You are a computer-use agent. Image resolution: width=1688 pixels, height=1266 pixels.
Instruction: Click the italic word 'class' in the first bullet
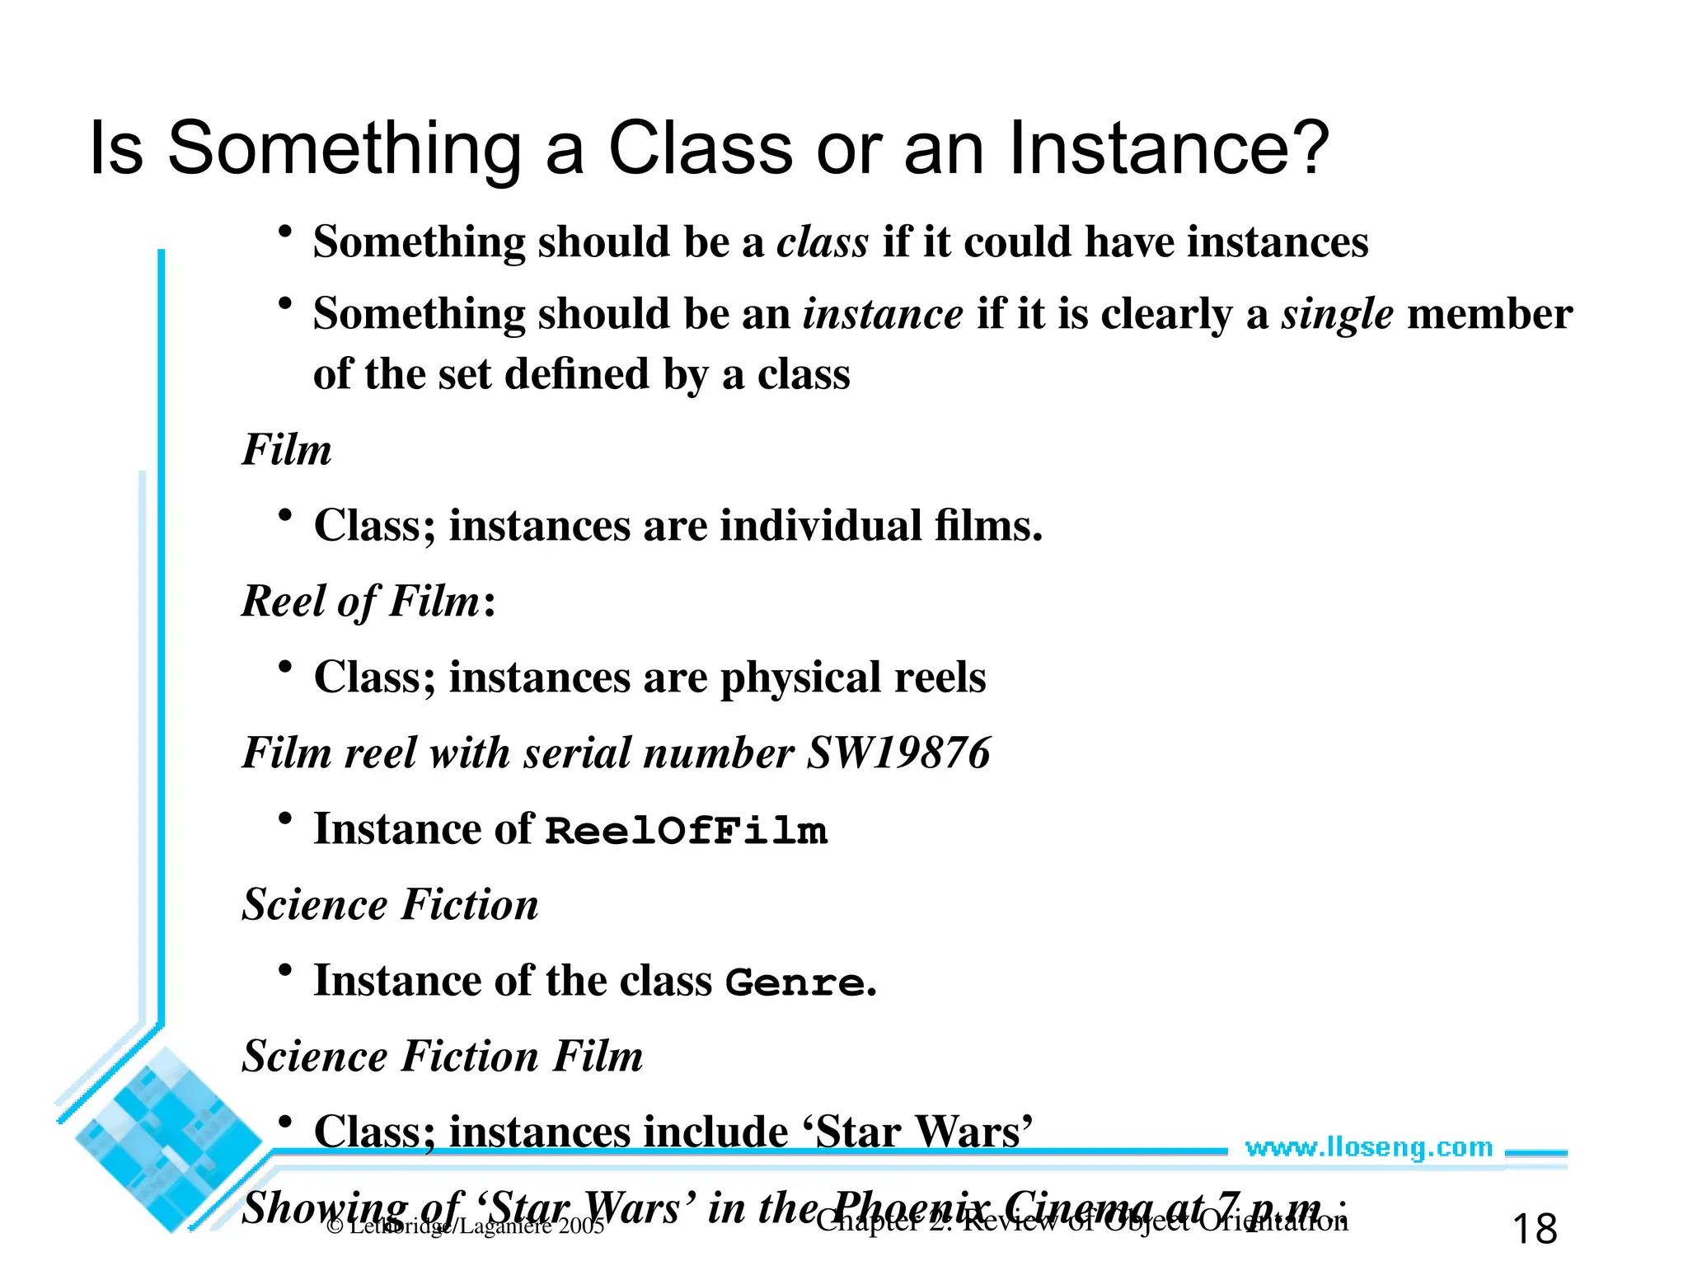click(x=822, y=242)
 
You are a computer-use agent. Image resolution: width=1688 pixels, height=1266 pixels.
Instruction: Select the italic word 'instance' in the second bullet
click(x=883, y=314)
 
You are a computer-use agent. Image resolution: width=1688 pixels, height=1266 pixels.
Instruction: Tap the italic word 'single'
click(x=1337, y=314)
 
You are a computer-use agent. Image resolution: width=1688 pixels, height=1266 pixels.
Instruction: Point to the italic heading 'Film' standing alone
click(x=287, y=450)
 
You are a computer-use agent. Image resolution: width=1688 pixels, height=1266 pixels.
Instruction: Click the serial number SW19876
click(x=898, y=753)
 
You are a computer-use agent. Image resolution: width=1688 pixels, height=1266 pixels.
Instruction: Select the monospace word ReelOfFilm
click(x=686, y=830)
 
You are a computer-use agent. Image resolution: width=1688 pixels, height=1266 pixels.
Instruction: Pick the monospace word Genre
click(x=795, y=982)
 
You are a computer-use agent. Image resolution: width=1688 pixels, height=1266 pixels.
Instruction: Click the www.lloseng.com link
click(x=1368, y=1147)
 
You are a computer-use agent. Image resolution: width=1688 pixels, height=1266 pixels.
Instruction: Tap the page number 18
click(x=1535, y=1229)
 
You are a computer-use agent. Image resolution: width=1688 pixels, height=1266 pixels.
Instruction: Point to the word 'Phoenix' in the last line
click(x=911, y=1208)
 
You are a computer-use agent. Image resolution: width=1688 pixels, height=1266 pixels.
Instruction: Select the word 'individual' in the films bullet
click(x=820, y=526)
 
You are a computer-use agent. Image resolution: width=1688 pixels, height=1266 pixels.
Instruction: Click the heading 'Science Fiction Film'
click(x=443, y=1056)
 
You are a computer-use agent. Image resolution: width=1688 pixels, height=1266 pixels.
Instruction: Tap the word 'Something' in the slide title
click(x=345, y=148)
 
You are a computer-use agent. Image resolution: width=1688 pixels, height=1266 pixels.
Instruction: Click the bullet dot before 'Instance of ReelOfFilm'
click(x=285, y=818)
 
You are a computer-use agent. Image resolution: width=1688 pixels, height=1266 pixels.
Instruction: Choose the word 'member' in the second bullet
click(x=1489, y=314)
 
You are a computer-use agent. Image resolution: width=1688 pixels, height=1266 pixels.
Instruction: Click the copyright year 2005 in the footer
click(x=580, y=1226)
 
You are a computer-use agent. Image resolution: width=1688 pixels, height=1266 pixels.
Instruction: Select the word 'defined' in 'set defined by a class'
click(x=577, y=374)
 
